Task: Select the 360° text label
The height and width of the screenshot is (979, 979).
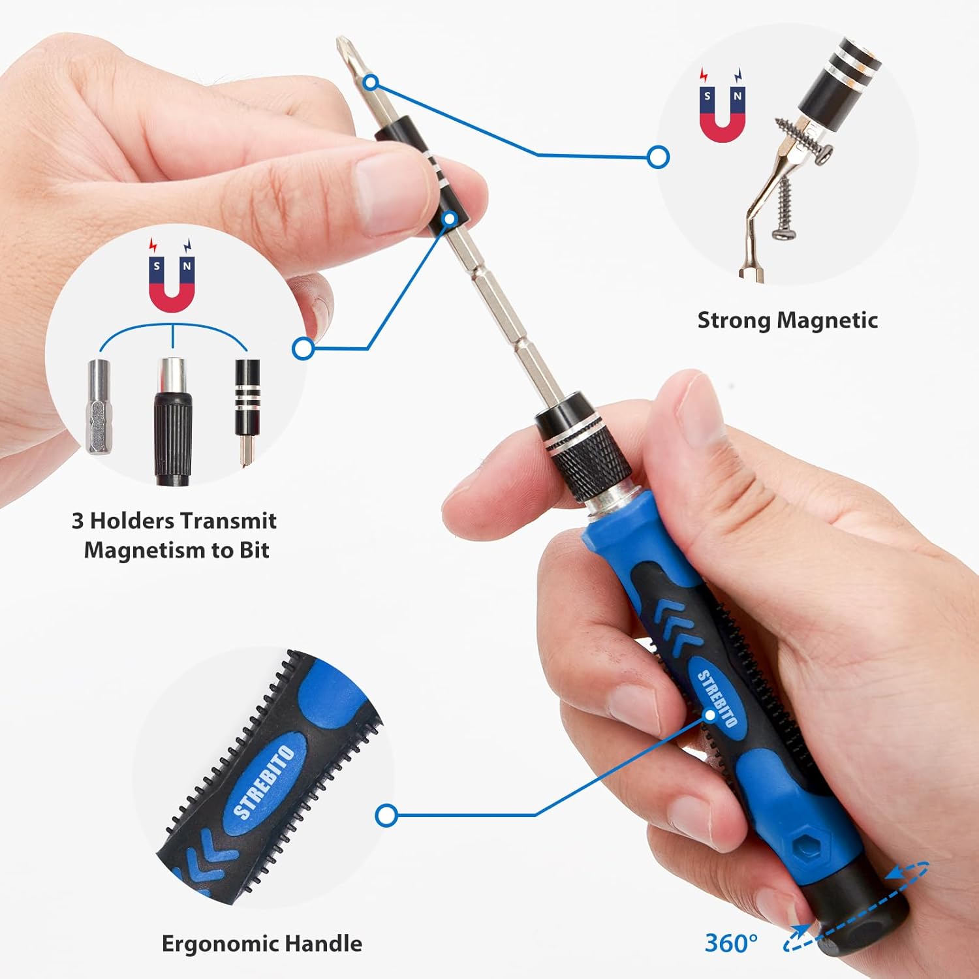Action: [731, 943]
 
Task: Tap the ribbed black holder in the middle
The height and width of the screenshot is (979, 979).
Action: [172, 424]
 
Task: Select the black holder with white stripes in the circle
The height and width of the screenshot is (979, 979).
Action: [247, 398]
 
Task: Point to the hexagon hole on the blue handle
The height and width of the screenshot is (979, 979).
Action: [804, 846]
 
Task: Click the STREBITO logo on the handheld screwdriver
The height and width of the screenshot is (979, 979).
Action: [717, 698]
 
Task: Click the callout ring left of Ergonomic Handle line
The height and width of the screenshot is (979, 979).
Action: [386, 815]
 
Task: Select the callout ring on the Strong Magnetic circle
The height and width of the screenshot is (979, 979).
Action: [658, 157]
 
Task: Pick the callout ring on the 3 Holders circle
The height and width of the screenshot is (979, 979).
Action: [303, 349]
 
